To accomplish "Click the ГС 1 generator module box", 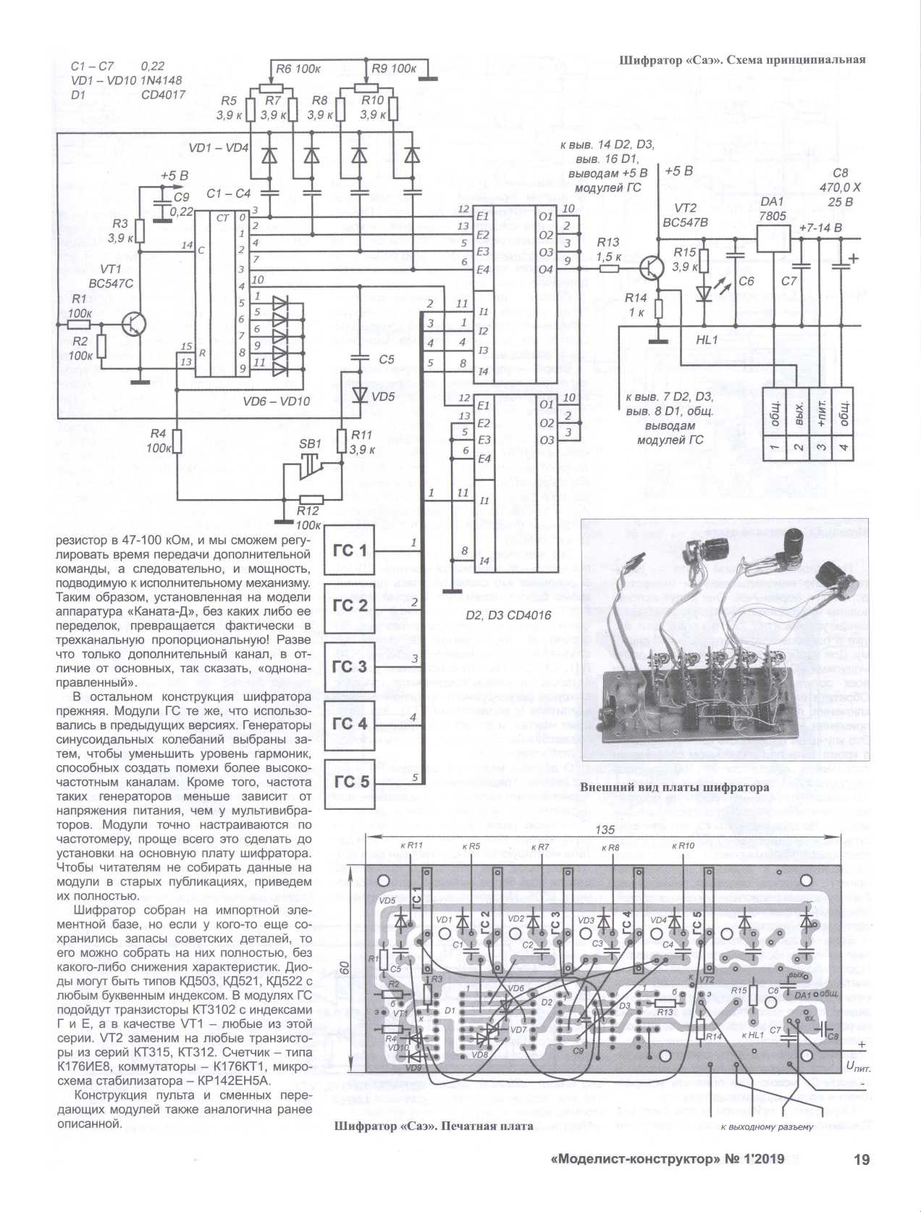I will pos(350,551).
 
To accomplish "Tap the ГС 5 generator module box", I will pos(350,782).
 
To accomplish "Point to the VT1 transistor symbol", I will pos(134,324).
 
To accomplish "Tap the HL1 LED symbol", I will pos(702,293).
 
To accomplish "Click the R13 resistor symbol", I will pos(609,269).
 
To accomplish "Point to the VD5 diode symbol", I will pos(360,394).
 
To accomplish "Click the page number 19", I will pos(861,1160).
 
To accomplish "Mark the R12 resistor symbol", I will pos(311,499).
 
